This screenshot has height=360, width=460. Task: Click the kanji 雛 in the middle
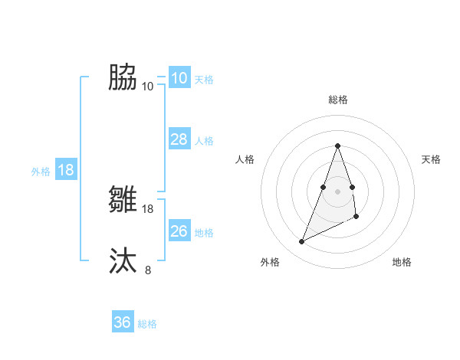[123, 200]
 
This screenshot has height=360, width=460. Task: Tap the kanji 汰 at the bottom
[123, 260]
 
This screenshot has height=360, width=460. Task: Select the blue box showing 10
[179, 78]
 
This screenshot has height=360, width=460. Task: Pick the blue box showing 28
[179, 139]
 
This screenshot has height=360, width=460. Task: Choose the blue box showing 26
[179, 231]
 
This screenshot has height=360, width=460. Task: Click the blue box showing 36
[122, 322]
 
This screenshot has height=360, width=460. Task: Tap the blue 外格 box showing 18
[66, 170]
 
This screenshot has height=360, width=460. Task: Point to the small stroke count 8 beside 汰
[148, 269]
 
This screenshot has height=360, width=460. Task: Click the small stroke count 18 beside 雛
[148, 208]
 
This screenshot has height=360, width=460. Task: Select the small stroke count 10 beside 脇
[148, 86]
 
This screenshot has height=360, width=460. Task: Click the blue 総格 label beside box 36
[147, 324]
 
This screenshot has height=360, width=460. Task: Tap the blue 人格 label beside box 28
[204, 141]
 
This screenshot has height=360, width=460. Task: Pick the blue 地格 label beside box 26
[204, 233]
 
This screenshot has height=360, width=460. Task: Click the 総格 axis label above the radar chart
[337, 100]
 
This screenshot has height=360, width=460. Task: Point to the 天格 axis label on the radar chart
[431, 159]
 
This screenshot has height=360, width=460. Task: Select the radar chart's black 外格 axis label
[269, 262]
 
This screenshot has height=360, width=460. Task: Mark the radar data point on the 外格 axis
[301, 242]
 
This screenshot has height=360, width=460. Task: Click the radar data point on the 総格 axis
[337, 146]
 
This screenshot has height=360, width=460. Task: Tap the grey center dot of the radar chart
[337, 191]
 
